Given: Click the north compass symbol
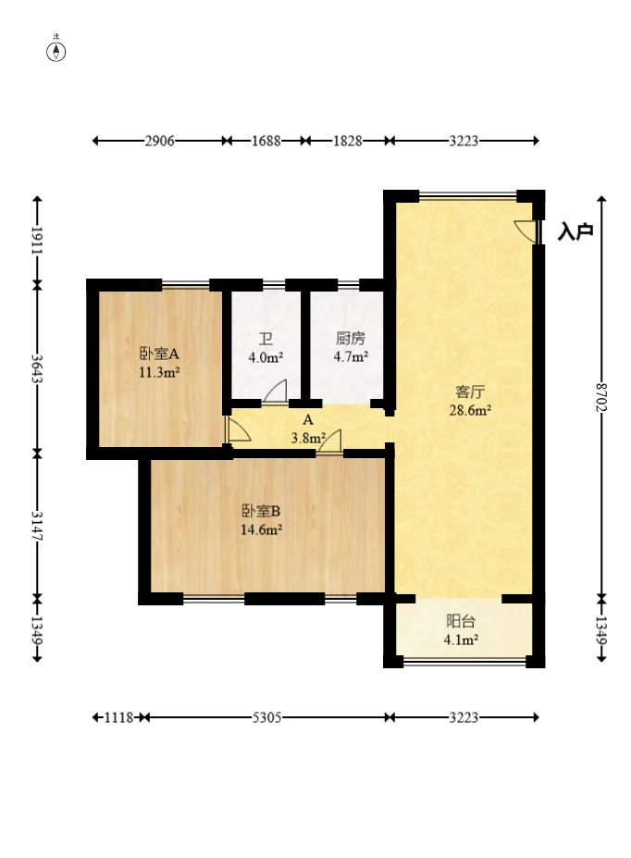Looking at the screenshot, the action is [56, 52].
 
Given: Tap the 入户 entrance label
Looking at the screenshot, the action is [575, 232].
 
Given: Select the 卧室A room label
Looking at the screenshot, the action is [159, 354].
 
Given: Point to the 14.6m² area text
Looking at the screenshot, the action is [261, 529].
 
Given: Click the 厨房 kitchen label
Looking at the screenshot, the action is [351, 338].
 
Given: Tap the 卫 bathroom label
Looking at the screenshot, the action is [266, 339].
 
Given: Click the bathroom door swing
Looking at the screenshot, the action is [275, 392].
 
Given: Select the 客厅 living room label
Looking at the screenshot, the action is [470, 392].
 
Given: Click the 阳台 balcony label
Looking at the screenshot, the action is [461, 621].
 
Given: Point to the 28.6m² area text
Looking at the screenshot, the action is [470, 410].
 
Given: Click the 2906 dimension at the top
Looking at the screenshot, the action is [160, 141].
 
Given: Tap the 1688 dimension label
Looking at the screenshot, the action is [266, 141].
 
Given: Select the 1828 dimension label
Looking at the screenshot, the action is [348, 141].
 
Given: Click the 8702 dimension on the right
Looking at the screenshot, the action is [601, 397].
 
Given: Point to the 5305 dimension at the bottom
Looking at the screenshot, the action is [266, 716].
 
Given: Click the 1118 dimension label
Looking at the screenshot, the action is [119, 716].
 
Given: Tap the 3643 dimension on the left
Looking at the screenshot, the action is [37, 368].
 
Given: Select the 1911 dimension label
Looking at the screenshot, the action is [37, 241].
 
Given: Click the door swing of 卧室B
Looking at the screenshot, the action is [329, 442].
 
